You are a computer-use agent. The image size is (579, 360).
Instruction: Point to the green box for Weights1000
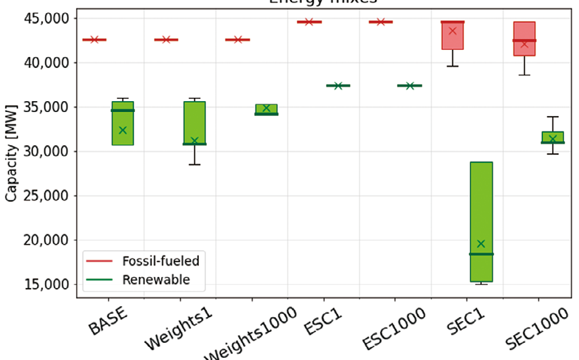point(266,109)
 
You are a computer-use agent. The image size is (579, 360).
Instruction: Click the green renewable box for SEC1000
point(553,137)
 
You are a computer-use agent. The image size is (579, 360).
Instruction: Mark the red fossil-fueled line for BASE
point(94,39)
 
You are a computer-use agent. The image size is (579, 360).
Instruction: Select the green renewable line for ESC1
point(338,86)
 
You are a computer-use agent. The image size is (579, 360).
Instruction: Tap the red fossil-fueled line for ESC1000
point(381,22)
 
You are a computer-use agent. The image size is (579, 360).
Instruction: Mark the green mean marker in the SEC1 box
point(481,244)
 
